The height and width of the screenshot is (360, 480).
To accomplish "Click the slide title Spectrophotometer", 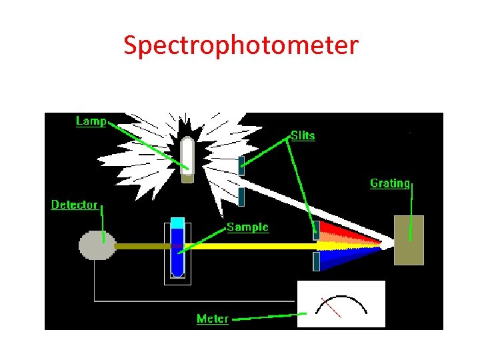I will (241, 45).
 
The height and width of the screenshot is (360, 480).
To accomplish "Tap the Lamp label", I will (91, 121).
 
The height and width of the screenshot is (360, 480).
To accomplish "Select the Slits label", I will (303, 135).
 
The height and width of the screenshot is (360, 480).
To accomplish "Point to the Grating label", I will (390, 183).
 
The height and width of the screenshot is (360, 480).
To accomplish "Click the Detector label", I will (75, 205).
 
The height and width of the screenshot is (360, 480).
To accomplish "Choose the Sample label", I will (247, 227).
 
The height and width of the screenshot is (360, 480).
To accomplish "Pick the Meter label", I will (212, 319).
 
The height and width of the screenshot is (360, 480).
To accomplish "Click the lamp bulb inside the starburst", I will (188, 157).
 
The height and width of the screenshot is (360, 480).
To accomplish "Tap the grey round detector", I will (97, 245).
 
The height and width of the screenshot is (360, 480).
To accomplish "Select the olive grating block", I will (409, 240).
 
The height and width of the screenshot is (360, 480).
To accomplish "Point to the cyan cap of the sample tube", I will (177, 223).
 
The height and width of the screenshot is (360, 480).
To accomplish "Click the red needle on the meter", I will (331, 307).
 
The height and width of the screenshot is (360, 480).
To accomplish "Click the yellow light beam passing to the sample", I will (253, 245).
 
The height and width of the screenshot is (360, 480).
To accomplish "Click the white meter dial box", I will (341, 304).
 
